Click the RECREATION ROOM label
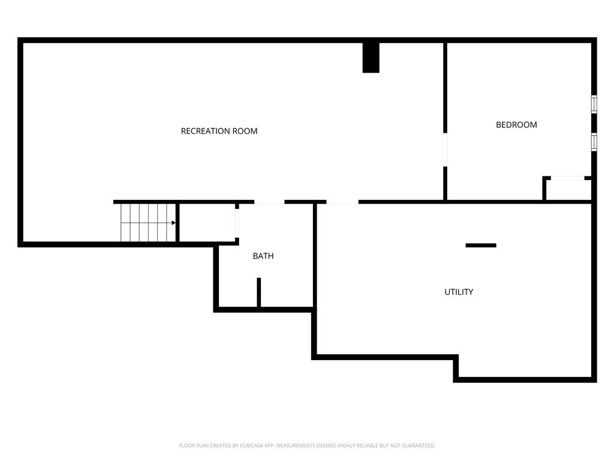click(219, 131)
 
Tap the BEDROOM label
click(516, 125)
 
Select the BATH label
click(263, 256)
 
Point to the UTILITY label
click(459, 292)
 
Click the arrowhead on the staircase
click(173, 223)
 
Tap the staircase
click(148, 223)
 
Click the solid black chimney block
click(371, 58)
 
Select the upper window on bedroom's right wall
click(594, 104)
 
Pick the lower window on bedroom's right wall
click(594, 142)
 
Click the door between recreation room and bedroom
click(445, 149)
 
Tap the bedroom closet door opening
click(567, 178)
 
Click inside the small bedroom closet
click(568, 190)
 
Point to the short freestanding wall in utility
click(481, 246)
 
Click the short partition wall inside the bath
click(259, 292)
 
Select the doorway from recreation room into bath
click(269, 202)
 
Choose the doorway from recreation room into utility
click(342, 202)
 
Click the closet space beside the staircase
click(207, 223)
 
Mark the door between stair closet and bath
click(237, 223)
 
